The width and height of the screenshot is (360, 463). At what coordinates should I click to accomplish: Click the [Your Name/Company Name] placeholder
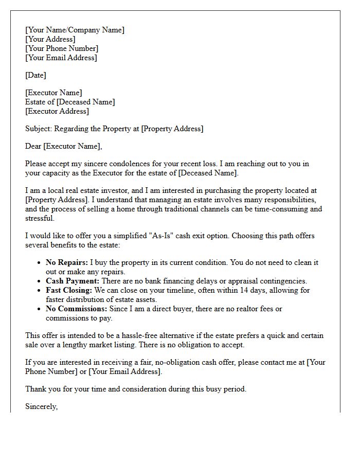(x=75, y=30)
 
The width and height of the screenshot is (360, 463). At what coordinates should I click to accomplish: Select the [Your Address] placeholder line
(x=50, y=39)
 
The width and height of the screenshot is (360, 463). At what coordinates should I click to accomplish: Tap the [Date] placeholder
(x=35, y=75)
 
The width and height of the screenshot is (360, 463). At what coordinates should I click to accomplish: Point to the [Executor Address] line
(x=57, y=111)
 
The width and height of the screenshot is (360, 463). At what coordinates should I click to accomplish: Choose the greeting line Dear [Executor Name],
(x=64, y=146)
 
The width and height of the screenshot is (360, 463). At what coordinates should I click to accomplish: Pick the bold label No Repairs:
(x=66, y=262)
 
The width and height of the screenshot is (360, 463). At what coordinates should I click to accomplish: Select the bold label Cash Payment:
(x=73, y=281)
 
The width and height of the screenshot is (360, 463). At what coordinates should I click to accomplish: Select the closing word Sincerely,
(x=42, y=406)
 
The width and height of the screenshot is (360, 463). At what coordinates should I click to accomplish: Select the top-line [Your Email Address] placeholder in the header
(x=61, y=58)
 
